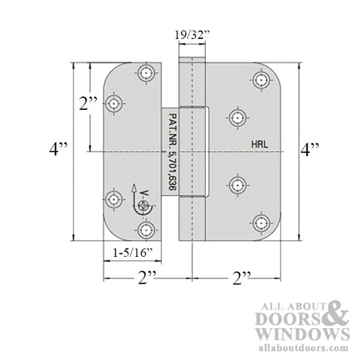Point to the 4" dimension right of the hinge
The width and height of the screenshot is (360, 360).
click(315, 148)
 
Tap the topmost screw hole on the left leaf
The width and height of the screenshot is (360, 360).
click(146, 73)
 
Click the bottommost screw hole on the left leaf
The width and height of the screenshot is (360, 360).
click(146, 229)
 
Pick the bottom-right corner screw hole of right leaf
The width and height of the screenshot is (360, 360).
click(260, 223)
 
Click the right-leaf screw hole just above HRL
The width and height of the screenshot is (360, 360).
click(239, 116)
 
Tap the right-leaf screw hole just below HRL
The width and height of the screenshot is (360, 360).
click(239, 185)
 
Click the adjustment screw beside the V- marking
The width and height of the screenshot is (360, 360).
click(143, 206)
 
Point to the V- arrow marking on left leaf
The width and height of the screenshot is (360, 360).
click(139, 193)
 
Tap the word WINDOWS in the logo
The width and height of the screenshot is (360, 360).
click(302, 333)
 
